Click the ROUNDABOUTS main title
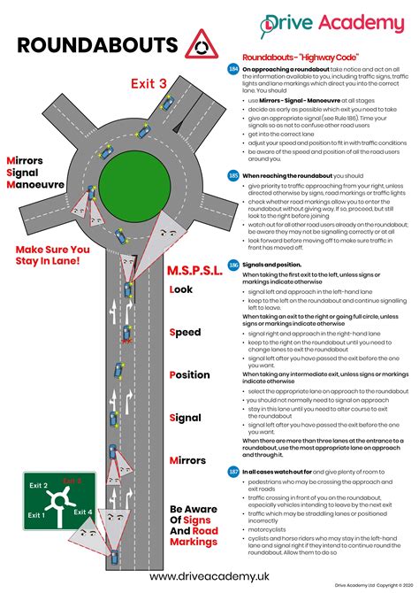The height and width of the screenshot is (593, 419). pyautogui.click(x=97, y=44)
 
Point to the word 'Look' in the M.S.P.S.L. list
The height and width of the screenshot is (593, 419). pyautogui.click(x=181, y=289)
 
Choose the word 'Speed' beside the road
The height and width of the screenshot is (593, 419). pyautogui.click(x=187, y=332)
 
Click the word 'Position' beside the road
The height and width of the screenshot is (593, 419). pyautogui.click(x=189, y=374)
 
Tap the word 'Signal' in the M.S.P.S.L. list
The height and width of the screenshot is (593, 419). pyautogui.click(x=187, y=417)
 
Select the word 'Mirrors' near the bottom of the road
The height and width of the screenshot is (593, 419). pyautogui.click(x=188, y=460)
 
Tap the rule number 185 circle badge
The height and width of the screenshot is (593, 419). pyautogui.click(x=233, y=175)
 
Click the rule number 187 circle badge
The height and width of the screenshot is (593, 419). pyautogui.click(x=233, y=472)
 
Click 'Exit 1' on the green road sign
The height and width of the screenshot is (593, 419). pyautogui.click(x=36, y=514)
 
